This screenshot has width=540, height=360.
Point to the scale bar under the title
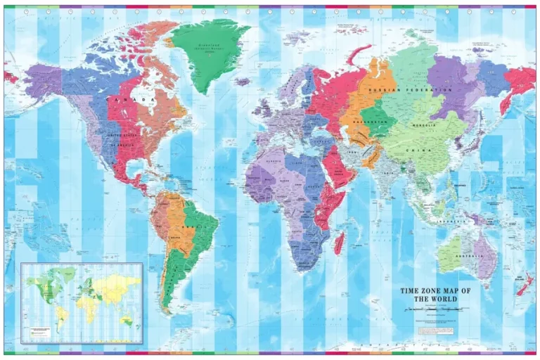click(x=432, y=309)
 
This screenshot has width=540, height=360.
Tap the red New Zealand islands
click(x=524, y=284)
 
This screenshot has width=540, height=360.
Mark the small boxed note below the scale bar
click(x=432, y=323)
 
